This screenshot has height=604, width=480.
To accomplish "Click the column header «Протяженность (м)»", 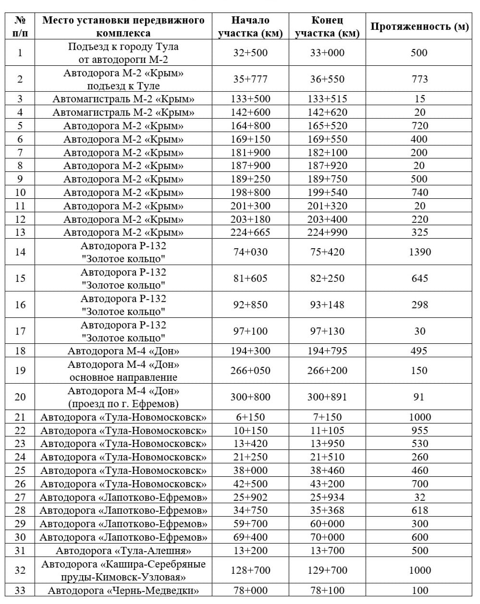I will (x=419, y=27).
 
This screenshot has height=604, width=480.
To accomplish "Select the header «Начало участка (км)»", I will (x=250, y=27).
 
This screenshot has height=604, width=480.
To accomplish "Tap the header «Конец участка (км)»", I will (x=327, y=27).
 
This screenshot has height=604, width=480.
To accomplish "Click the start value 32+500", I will (x=250, y=53).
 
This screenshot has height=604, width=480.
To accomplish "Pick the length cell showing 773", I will (x=419, y=79).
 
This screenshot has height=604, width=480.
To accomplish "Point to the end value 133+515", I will (x=327, y=99).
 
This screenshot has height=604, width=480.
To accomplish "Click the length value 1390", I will (x=419, y=252).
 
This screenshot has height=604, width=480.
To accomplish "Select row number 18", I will (x=20, y=351).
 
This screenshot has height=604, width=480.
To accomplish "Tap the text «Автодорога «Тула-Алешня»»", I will (x=123, y=551).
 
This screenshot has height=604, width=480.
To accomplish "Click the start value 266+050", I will (x=250, y=371).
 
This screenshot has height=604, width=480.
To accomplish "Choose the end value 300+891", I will (x=327, y=397).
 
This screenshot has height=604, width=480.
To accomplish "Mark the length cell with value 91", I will (x=419, y=397).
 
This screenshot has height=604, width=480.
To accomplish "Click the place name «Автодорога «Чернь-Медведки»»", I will (x=123, y=591).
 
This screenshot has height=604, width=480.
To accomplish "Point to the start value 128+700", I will (x=250, y=570).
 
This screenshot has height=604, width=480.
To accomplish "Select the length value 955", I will (x=419, y=431).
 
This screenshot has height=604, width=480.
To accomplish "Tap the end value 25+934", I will (x=327, y=497).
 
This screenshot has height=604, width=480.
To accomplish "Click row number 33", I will (x=20, y=591).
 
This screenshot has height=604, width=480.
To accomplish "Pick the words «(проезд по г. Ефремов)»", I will (x=123, y=404).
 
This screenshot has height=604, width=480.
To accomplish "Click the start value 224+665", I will (x=250, y=233).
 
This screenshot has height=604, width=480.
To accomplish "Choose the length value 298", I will (x=419, y=305).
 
